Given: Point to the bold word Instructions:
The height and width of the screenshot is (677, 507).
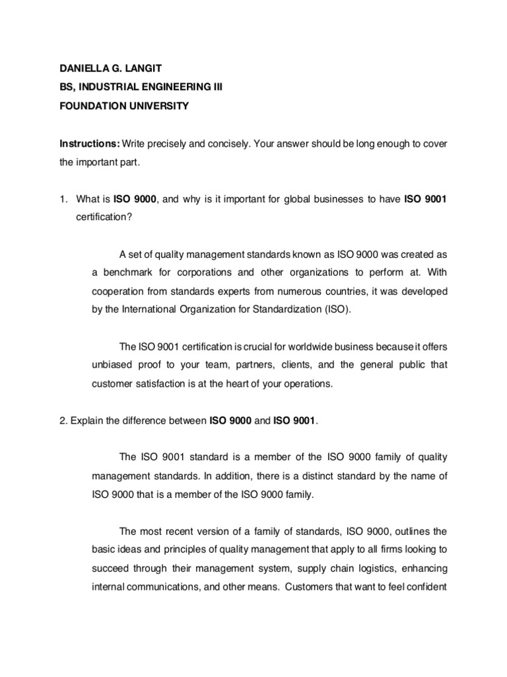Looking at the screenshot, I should point(90,143).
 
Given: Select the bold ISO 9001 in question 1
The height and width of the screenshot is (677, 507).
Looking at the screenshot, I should point(425,200).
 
